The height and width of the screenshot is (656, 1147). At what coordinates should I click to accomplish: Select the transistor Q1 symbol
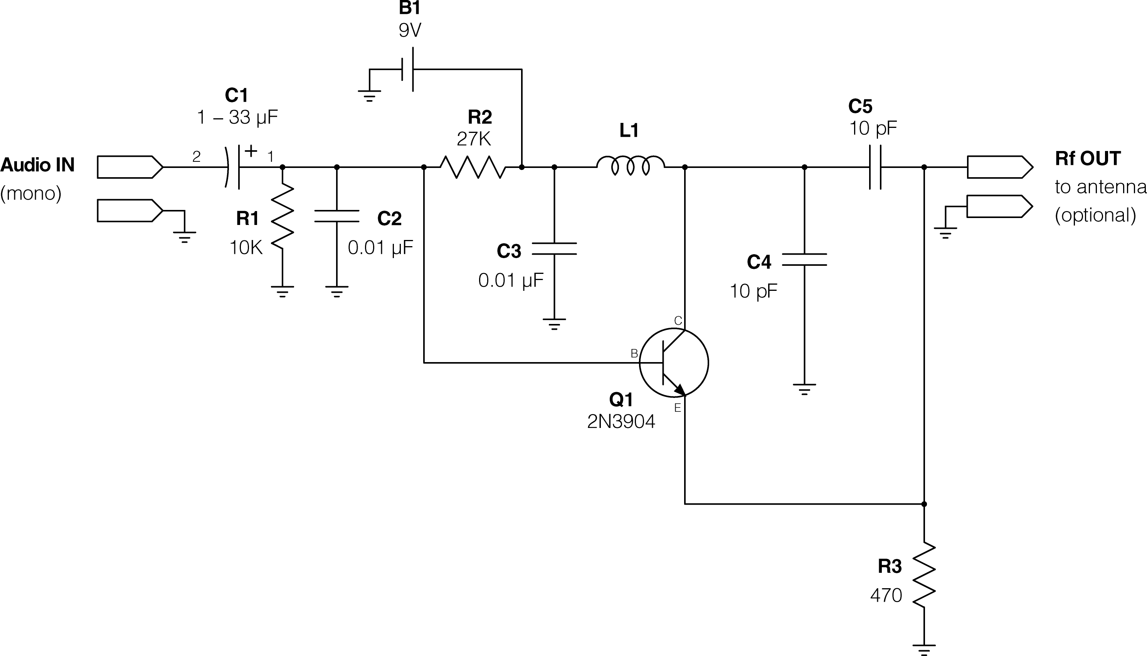tap(673, 363)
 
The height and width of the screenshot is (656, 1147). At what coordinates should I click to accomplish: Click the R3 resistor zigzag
tap(924, 574)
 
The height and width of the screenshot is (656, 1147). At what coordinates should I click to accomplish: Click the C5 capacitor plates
tap(875, 167)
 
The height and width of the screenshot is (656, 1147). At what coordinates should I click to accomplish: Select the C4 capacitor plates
tap(804, 259)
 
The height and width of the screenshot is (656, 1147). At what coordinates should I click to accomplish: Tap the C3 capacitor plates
tap(554, 248)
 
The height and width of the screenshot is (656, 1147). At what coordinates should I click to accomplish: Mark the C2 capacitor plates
tap(337, 216)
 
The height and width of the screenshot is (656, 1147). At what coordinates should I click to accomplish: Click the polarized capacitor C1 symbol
tap(232, 167)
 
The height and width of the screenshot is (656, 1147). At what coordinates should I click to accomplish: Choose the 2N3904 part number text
tap(621, 422)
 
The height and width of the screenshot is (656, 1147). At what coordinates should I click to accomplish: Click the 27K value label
tap(473, 139)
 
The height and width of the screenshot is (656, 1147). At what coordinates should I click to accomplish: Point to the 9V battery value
tap(410, 30)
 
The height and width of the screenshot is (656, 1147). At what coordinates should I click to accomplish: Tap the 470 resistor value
tap(886, 596)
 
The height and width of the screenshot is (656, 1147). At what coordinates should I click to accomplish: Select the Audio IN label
tap(37, 165)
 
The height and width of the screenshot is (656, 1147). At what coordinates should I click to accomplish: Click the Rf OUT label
tap(1088, 159)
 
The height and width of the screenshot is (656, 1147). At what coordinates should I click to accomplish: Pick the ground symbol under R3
tap(924, 650)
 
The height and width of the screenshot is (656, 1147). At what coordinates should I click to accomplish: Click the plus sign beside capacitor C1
tap(251, 151)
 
